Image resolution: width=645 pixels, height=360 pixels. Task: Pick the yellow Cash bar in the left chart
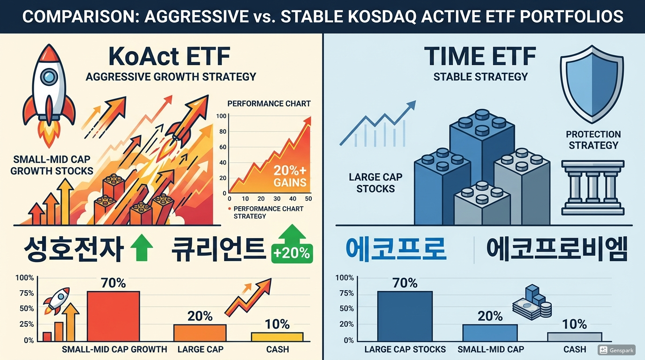tap(277, 337)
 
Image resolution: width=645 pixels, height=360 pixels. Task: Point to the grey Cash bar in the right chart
tap(574, 337)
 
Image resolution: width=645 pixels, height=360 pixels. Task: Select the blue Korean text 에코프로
tap(395, 249)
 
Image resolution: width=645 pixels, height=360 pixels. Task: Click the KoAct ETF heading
tap(169, 57)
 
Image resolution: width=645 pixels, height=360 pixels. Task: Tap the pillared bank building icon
tap(593, 187)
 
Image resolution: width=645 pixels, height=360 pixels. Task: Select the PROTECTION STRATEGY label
tap(593, 140)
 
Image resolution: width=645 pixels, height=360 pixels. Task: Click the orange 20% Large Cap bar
tap(200, 332)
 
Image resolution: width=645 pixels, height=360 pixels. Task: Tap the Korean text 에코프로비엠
tap(556, 249)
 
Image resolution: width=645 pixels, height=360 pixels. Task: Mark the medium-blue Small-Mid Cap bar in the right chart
tap(490, 332)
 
